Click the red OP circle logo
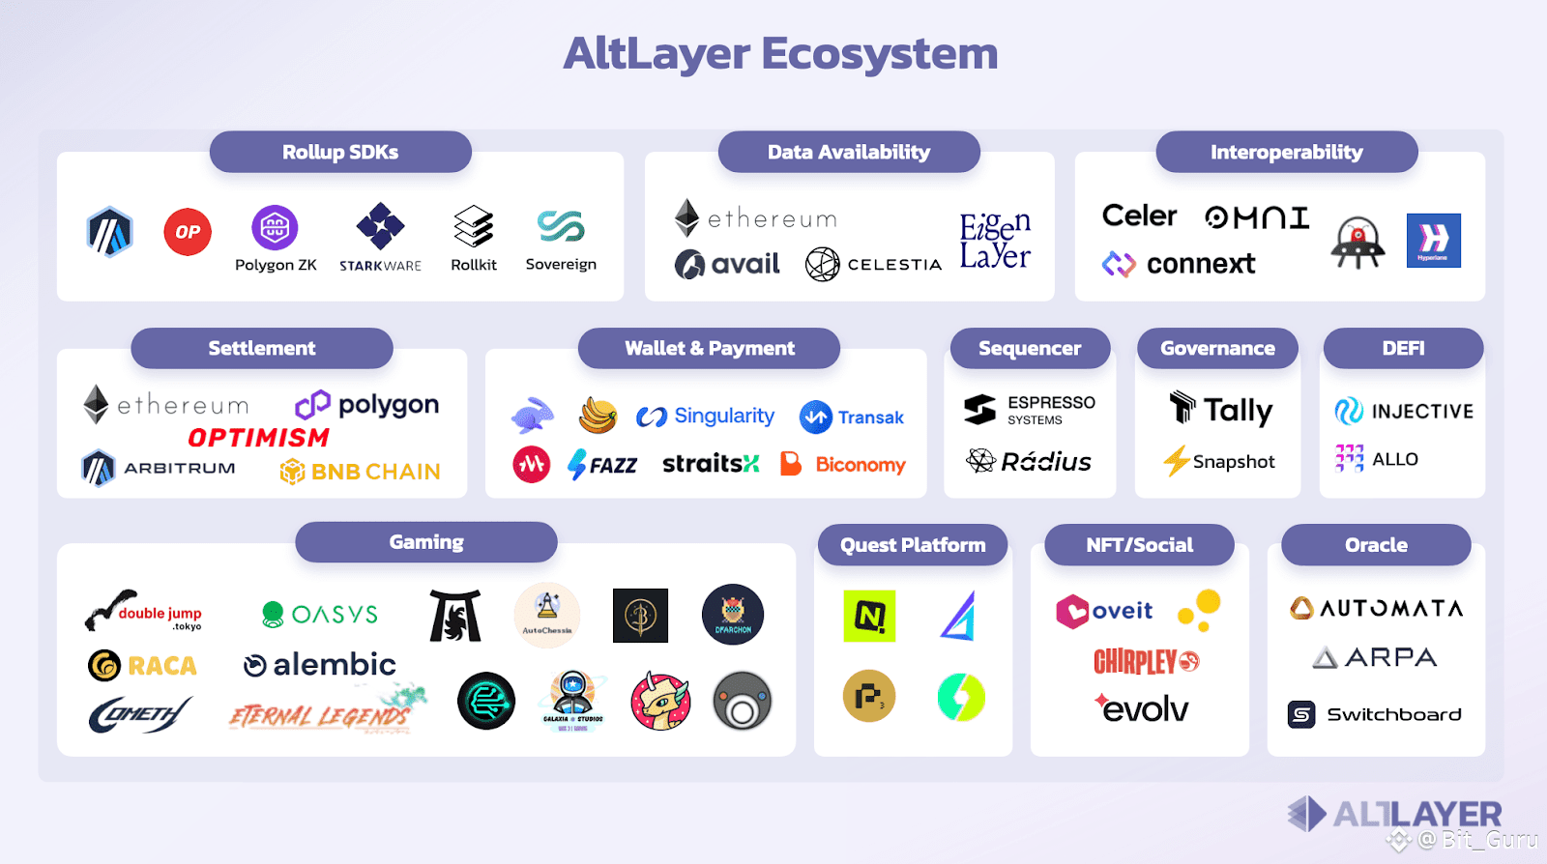(188, 232)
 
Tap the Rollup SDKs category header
(340, 152)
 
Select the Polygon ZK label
(276, 265)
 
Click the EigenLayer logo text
(995, 242)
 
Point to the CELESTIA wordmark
(893, 265)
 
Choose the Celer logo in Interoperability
(1139, 216)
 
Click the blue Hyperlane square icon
(1433, 240)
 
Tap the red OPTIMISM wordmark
(258, 438)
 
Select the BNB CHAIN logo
(360, 472)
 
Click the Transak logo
(852, 418)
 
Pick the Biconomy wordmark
(860, 465)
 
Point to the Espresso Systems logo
(1030, 410)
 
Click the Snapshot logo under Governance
(1219, 462)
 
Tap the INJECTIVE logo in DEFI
(1404, 412)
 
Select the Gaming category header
(426, 542)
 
